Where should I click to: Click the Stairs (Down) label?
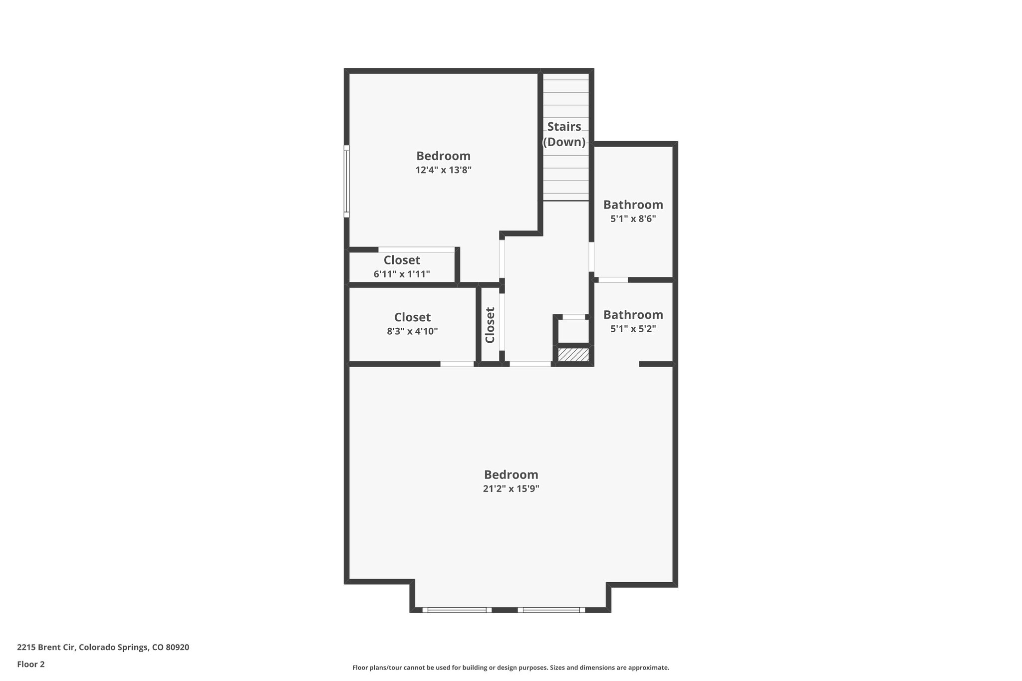(564, 134)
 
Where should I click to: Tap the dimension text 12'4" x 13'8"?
(443, 170)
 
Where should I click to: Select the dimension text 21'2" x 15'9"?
(511, 489)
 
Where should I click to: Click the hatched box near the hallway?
(573, 355)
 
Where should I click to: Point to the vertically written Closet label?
(490, 325)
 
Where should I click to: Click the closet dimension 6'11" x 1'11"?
(402, 274)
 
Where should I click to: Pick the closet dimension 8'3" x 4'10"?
(412, 331)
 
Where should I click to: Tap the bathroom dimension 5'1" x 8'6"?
(633, 219)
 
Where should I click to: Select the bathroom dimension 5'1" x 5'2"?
(633, 329)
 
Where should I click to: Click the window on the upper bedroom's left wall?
(346, 181)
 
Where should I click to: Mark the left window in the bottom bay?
(457, 610)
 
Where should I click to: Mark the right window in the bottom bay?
(551, 610)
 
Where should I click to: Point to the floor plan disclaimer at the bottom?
(511, 668)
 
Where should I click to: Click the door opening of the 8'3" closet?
(457, 364)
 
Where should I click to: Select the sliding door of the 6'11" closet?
(416, 249)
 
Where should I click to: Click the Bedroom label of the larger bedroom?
(511, 474)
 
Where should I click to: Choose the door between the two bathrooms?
(613, 280)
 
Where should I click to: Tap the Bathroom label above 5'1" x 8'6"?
(633, 205)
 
